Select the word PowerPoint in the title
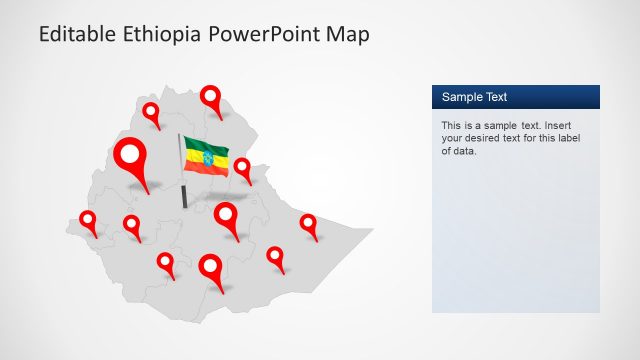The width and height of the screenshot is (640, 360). pyautogui.click(x=263, y=35)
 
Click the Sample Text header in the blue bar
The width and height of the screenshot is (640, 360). pyautogui.click(x=475, y=97)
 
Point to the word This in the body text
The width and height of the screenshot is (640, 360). pyautogui.click(x=452, y=126)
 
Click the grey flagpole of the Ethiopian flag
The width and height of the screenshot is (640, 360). pyautogui.click(x=182, y=180)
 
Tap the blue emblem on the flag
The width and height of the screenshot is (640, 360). pyautogui.click(x=208, y=158)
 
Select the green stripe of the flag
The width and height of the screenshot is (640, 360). pyautogui.click(x=205, y=146)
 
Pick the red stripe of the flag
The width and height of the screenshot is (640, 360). pyautogui.click(x=207, y=169)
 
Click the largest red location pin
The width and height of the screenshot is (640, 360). pyautogui.click(x=131, y=157)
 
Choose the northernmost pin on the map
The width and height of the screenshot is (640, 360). pyautogui.click(x=211, y=97)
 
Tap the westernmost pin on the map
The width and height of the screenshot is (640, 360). pyautogui.click(x=88, y=219)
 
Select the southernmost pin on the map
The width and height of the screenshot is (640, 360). pyautogui.click(x=211, y=267)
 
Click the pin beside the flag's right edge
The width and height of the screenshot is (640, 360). pyautogui.click(x=242, y=167)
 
